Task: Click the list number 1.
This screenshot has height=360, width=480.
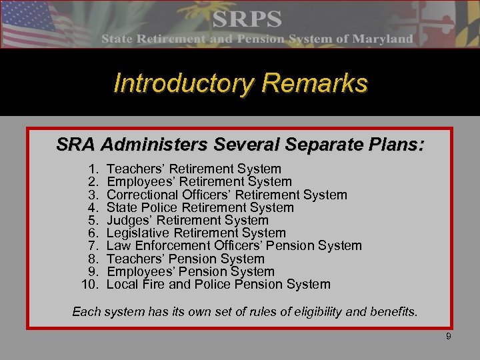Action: tap(93, 169)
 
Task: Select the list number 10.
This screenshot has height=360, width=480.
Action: tap(89, 285)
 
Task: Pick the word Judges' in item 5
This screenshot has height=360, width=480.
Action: tap(131, 220)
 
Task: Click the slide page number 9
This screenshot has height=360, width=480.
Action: tap(449, 337)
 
